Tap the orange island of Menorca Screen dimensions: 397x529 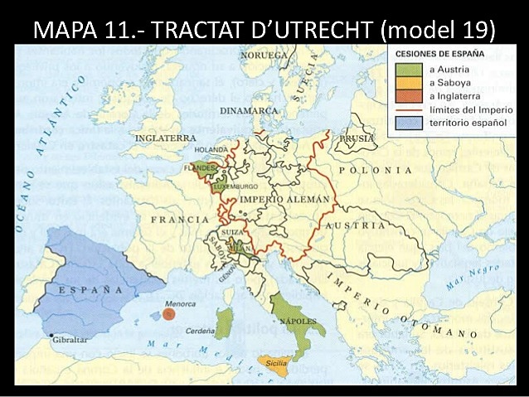168,314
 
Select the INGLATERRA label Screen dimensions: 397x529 166,138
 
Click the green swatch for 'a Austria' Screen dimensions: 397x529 405,70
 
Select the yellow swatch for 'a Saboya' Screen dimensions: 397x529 405,83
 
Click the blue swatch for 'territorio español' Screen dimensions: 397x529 405,123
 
